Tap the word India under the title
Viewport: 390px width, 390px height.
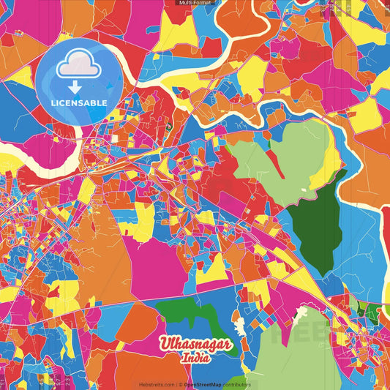(197, 359)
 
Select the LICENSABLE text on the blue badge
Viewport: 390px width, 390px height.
(79, 102)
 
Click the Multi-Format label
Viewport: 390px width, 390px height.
(195, 3)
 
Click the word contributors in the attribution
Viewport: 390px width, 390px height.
(236, 384)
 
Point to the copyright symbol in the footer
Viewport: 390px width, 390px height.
(179, 384)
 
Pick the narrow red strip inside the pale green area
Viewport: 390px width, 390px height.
(276, 164)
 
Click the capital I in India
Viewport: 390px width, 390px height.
(185, 359)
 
